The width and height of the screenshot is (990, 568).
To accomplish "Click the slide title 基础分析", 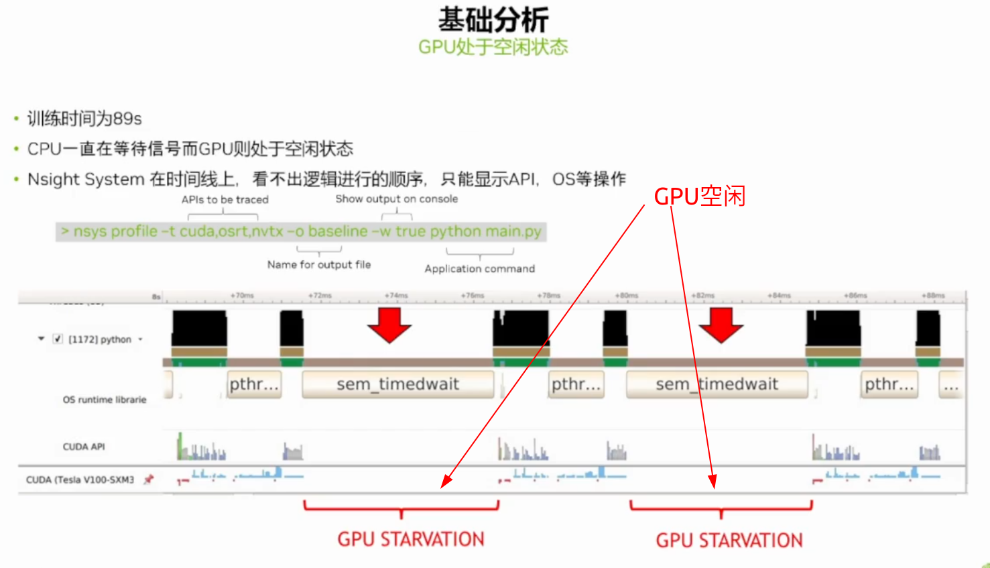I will [x=493, y=19].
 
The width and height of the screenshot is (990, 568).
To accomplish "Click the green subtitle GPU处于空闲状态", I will [x=493, y=47].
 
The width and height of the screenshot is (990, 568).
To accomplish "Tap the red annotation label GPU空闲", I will [x=699, y=196].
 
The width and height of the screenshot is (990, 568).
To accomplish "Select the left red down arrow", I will [x=389, y=325].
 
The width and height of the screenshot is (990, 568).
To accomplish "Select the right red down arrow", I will [x=721, y=325].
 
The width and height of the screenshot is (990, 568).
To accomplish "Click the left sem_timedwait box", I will [x=397, y=384].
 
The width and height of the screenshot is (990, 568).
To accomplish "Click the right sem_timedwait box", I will [x=717, y=384].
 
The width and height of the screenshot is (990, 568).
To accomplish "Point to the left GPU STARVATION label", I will [x=410, y=539].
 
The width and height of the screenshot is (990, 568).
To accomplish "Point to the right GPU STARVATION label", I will [x=729, y=540].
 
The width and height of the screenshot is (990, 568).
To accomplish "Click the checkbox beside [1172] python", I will [x=58, y=339].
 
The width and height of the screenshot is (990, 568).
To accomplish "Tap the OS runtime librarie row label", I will [x=104, y=400].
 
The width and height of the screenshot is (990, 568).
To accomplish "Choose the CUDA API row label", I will [x=84, y=447].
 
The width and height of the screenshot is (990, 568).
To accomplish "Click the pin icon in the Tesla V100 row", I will [x=149, y=479].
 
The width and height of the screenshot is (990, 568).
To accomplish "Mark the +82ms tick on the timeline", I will [x=702, y=296].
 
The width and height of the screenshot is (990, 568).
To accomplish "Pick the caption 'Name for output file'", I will [x=319, y=265].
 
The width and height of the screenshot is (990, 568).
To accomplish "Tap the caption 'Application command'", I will [x=479, y=269].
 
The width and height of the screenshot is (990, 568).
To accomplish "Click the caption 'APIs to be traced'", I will [x=225, y=200].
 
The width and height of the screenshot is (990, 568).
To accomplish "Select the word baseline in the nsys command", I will [x=338, y=231].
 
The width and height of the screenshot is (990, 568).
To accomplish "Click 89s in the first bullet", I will [x=127, y=119].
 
